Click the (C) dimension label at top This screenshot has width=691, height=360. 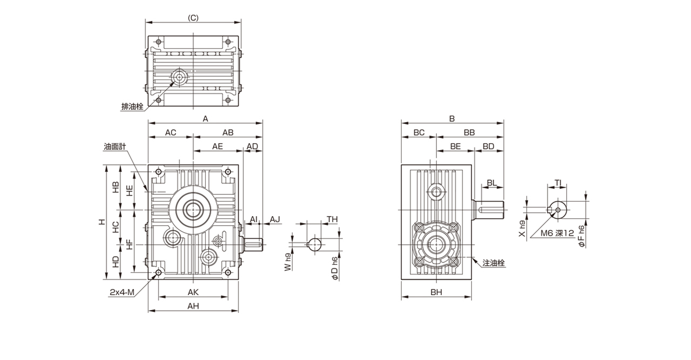(193, 18)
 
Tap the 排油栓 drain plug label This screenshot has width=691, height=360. (132, 107)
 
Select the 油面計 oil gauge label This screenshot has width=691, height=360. (115, 147)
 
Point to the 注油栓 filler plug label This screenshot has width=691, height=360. (493, 263)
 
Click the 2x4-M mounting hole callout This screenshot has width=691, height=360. (122, 292)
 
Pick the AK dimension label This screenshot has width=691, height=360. (193, 292)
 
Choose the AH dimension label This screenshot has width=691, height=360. (193, 306)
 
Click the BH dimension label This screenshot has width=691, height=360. (436, 292)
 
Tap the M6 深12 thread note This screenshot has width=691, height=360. (557, 233)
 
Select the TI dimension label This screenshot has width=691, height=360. (558, 183)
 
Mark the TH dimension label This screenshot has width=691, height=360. (332, 219)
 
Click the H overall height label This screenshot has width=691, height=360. (103, 222)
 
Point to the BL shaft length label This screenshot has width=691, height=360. (492, 183)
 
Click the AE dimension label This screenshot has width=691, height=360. (217, 146)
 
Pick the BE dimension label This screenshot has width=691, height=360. (455, 146)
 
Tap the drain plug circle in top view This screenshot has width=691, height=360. (179, 77)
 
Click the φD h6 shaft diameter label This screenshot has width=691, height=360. (334, 268)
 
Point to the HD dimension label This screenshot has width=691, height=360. (115, 262)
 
